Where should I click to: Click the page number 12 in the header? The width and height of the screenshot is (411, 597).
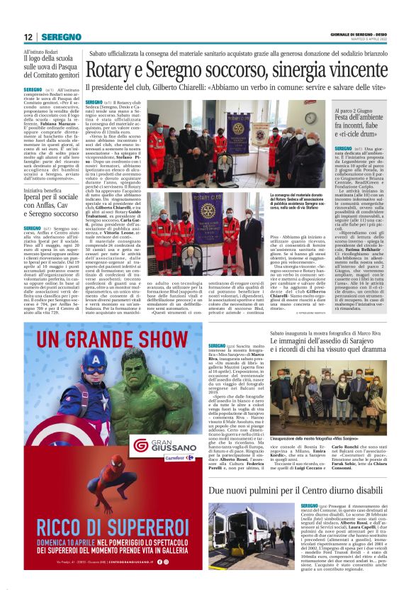28,37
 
